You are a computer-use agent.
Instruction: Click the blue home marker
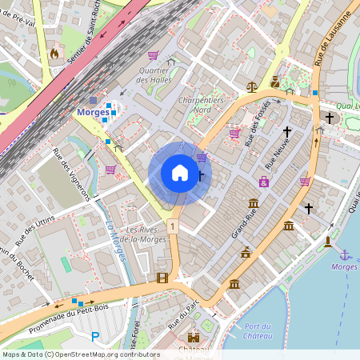pyautogui.click(x=180, y=173)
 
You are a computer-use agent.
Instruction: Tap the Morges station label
pyautogui.click(x=92, y=112)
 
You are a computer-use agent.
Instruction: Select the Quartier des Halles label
pyautogui.click(x=155, y=74)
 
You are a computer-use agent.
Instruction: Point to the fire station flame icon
pyautogui.click(x=54, y=54)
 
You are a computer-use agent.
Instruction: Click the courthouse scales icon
pyautogui.click(x=253, y=86)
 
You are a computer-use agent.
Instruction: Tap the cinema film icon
pyautogui.click(x=163, y=278)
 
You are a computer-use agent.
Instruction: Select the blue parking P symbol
pyautogui.click(x=96, y=338)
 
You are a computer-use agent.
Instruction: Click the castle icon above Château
pyautogui.click(x=193, y=338)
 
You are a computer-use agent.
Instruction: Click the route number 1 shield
pyautogui.click(x=172, y=227)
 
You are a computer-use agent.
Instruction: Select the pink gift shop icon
pyautogui.click(x=263, y=182)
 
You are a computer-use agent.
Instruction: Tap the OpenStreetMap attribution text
pyautogui.click(x=80, y=354)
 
